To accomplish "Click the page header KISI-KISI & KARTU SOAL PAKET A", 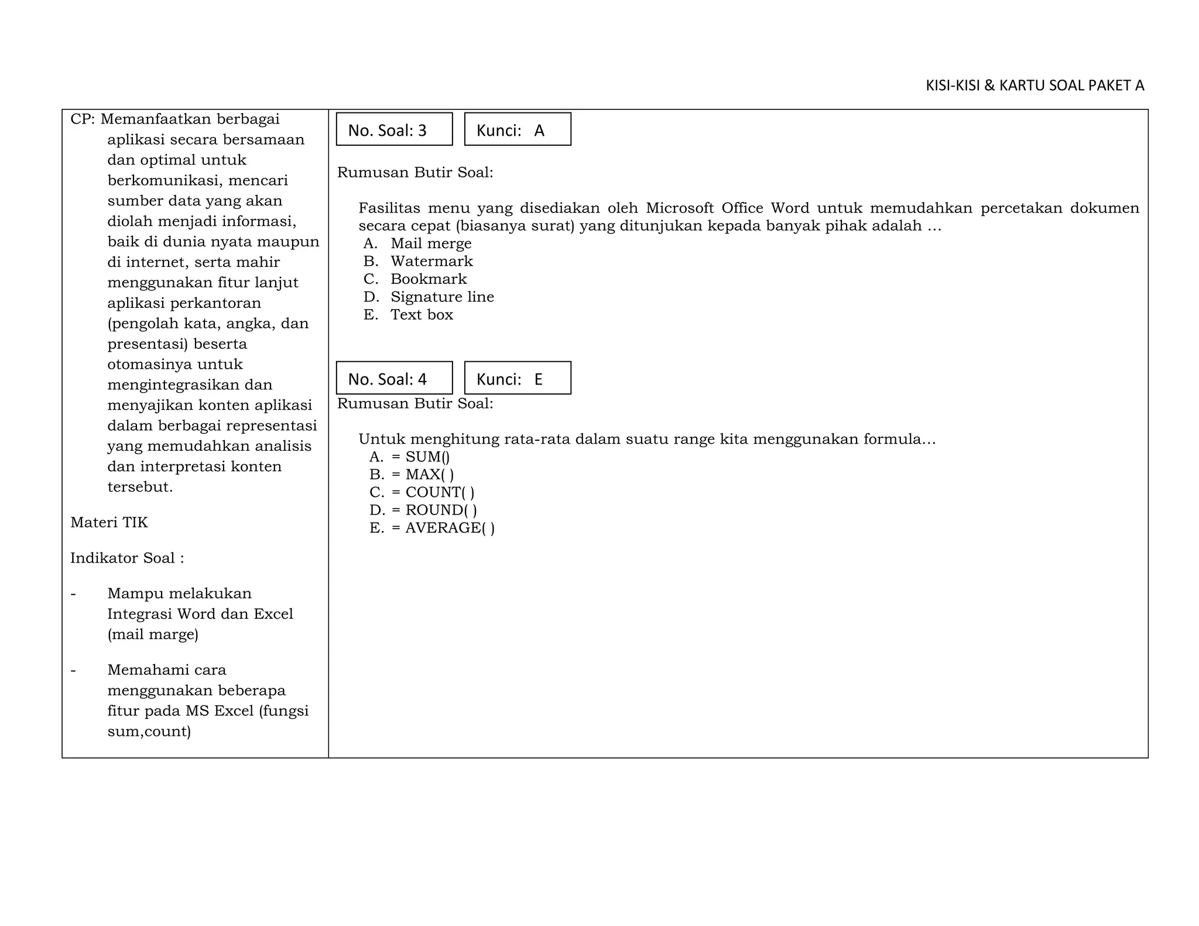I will (1034, 85).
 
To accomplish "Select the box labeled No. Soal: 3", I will (394, 129).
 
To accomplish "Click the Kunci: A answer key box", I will (517, 129).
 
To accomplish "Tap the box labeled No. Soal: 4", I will (394, 378).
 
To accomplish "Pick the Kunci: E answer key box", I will (517, 378).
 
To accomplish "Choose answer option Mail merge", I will (431, 243).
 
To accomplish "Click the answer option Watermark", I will (431, 261).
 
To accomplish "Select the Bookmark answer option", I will (429, 279).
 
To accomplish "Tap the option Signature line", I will (442, 297).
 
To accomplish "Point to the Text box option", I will (422, 315).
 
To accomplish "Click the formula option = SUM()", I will (420, 457).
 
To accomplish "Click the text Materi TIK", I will (109, 522).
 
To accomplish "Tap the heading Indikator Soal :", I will (127, 558).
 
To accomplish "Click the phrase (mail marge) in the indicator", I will (153, 635).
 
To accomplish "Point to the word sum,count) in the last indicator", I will (149, 731).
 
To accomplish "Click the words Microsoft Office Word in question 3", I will (727, 208).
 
